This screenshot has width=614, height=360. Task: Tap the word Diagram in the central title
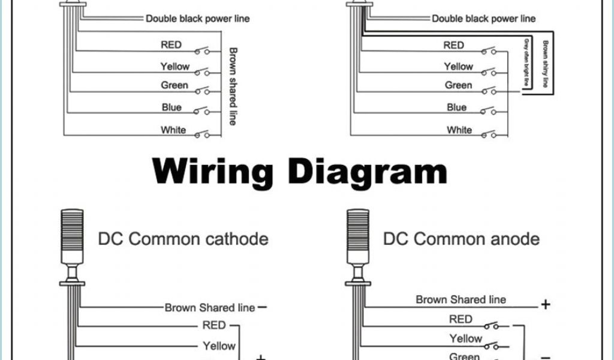[x=367, y=172]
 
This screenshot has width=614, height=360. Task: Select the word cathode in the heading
[x=229, y=239]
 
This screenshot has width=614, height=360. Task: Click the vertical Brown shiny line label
[x=545, y=64]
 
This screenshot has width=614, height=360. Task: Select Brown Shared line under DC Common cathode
[x=210, y=308]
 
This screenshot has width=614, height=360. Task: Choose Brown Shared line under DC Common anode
[x=460, y=299]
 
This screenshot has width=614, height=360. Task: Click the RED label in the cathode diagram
[x=213, y=325]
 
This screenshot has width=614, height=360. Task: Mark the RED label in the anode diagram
[x=460, y=319]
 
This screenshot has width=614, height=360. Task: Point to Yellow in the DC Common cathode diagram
[x=219, y=346]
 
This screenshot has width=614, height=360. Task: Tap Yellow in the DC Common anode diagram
[x=466, y=339]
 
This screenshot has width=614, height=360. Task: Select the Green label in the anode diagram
[x=465, y=356]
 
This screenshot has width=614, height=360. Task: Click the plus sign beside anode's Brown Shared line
[x=546, y=305]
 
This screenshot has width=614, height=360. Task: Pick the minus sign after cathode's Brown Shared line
[x=263, y=307]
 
